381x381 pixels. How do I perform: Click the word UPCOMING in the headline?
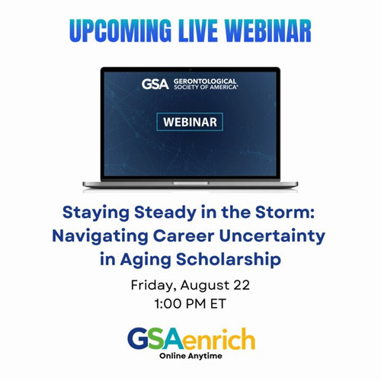(120, 30)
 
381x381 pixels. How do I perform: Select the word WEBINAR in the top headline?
(267, 30)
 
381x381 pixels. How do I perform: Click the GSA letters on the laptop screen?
(155, 84)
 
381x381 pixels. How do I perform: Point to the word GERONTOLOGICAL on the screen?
(205, 82)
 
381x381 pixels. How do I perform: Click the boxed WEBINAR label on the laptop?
(190, 122)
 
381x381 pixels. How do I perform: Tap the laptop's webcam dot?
(190, 69)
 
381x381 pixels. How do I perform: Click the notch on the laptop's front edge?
(190, 183)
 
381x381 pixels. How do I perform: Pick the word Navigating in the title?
(100, 237)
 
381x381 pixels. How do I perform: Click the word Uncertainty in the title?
(272, 237)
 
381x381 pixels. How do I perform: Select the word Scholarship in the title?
(229, 260)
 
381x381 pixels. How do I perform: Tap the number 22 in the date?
(242, 285)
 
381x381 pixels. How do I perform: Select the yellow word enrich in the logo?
(219, 339)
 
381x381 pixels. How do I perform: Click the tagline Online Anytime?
(190, 356)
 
